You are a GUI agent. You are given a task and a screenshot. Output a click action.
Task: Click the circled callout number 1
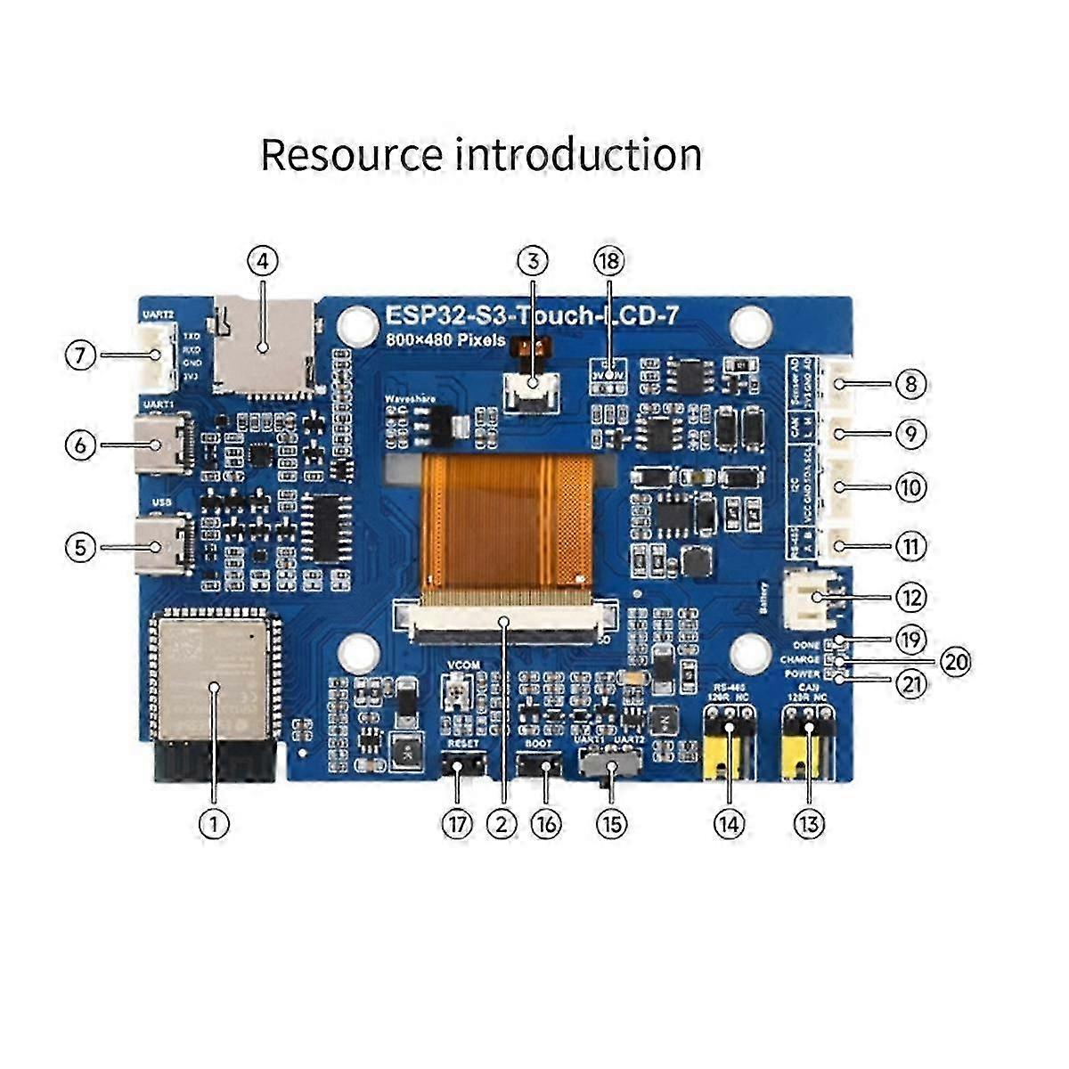coord(214,822)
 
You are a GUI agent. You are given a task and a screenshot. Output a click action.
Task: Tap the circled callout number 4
coord(263,262)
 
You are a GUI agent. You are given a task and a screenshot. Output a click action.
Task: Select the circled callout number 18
coord(609,262)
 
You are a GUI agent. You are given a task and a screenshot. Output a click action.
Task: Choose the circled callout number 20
coord(955,662)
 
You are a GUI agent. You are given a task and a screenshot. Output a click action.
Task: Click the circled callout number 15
coord(611,824)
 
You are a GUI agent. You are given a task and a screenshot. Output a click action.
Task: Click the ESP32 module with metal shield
coord(213,673)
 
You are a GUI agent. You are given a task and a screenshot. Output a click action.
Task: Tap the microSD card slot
coord(265,347)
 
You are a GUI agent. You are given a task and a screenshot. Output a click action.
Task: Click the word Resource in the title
coord(351,155)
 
